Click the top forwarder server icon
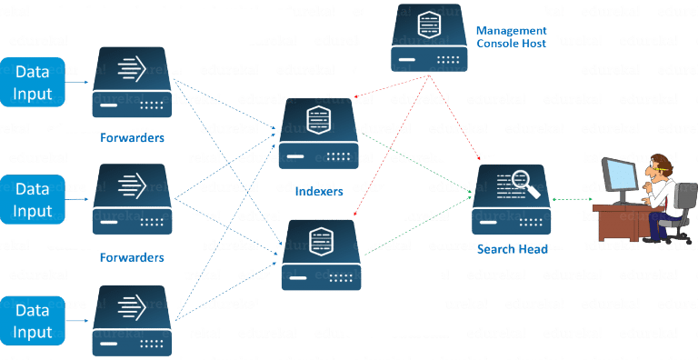pyautogui.click(x=133, y=82)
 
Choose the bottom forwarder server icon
pyautogui.click(x=133, y=321)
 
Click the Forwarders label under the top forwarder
pyautogui.click(x=133, y=138)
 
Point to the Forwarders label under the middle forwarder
pyautogui.click(x=133, y=257)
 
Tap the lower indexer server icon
pyautogui.click(x=319, y=255)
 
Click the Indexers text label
pyautogui.click(x=319, y=192)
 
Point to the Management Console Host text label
pyautogui.click(x=512, y=36)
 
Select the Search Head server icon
pyautogui.click(x=510, y=199)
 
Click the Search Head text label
pyautogui.click(x=512, y=249)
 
